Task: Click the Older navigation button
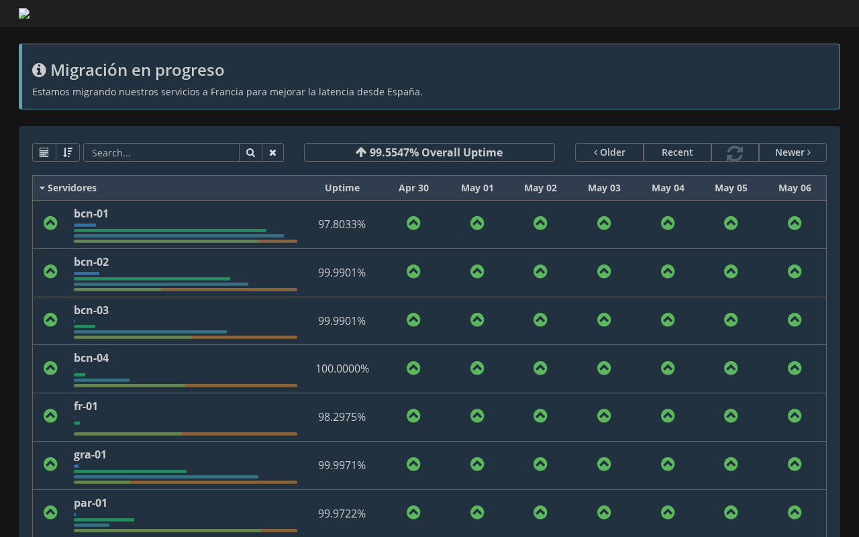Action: (x=609, y=152)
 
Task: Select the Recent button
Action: (x=677, y=152)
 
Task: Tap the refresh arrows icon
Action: (x=735, y=152)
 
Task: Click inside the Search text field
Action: (x=161, y=152)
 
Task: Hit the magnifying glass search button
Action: (x=250, y=152)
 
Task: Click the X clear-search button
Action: (x=272, y=152)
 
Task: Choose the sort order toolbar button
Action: (x=68, y=152)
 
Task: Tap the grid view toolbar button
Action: (x=44, y=152)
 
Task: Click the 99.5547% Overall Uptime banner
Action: (x=429, y=152)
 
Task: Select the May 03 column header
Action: (x=604, y=188)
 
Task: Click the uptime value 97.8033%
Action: (x=342, y=224)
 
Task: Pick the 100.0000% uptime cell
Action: (x=342, y=369)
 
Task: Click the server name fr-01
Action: (x=85, y=406)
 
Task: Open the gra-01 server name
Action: (x=90, y=454)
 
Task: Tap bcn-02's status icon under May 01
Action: (x=477, y=272)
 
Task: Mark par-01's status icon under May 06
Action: (x=795, y=512)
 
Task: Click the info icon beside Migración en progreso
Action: (x=39, y=70)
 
